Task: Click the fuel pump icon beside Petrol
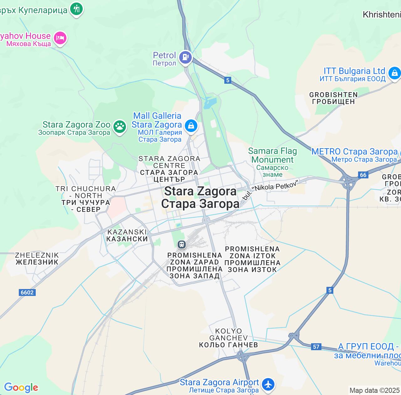point(185,57)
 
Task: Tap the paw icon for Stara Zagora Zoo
point(119,127)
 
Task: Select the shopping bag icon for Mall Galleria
point(191,126)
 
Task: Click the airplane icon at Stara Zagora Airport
point(268,384)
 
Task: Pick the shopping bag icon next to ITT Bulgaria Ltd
point(394,73)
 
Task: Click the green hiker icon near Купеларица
point(76,9)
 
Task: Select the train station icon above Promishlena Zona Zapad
point(181,244)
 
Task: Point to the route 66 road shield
point(363,175)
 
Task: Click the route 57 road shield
point(316,346)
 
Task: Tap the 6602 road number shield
point(27,292)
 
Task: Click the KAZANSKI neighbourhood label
point(127,235)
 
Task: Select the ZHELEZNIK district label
point(37,259)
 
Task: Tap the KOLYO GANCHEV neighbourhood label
point(228,338)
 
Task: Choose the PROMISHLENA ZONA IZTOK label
point(252,259)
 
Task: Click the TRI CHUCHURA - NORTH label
point(86,199)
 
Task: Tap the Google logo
point(21,387)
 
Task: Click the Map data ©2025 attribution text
point(374,390)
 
